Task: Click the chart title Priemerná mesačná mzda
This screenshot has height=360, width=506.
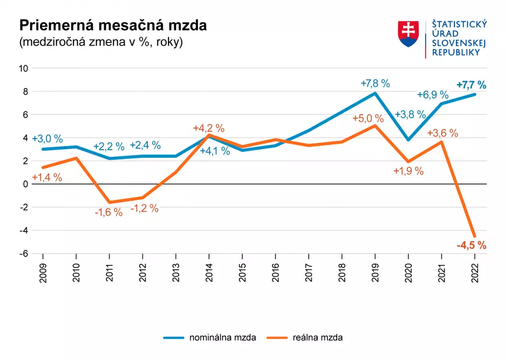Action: [x=113, y=26]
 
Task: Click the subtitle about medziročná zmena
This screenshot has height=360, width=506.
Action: [x=101, y=42]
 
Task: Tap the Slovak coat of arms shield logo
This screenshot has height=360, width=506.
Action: [x=409, y=34]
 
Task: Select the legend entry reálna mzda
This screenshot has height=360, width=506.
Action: [x=318, y=337]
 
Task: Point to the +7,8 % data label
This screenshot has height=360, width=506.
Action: [x=375, y=83]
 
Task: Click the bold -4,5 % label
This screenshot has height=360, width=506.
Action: [x=471, y=246]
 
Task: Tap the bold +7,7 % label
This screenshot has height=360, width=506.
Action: [x=471, y=85]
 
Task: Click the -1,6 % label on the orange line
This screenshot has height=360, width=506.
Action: [x=109, y=212]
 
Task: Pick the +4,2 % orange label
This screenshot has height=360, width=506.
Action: [x=208, y=128]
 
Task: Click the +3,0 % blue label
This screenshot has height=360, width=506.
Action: [x=47, y=139]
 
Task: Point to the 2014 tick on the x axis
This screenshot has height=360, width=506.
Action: [x=209, y=273]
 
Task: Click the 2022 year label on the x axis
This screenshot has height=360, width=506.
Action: [x=475, y=273]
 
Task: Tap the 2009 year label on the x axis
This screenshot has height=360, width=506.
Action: [x=43, y=273]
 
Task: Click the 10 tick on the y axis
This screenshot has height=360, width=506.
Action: [x=23, y=68]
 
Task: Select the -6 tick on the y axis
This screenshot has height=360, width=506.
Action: [x=24, y=254]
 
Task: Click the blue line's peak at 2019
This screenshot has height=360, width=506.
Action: [x=375, y=93]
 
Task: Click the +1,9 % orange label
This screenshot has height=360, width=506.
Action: [x=408, y=171]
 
